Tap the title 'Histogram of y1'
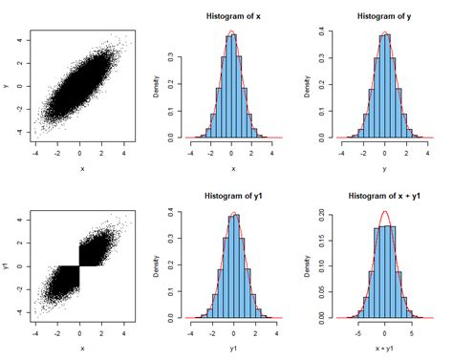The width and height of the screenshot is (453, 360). [x=232, y=196]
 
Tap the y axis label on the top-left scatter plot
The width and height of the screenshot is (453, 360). [x=9, y=85]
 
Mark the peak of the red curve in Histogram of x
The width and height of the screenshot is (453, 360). [x=231, y=32]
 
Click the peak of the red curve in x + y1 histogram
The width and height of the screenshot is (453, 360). [x=384, y=212]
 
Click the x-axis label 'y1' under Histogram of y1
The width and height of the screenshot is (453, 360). [x=232, y=348]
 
